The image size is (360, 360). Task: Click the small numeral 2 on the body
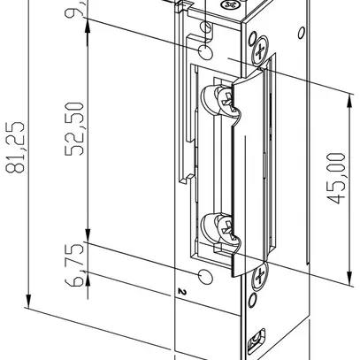tap(180, 290)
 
